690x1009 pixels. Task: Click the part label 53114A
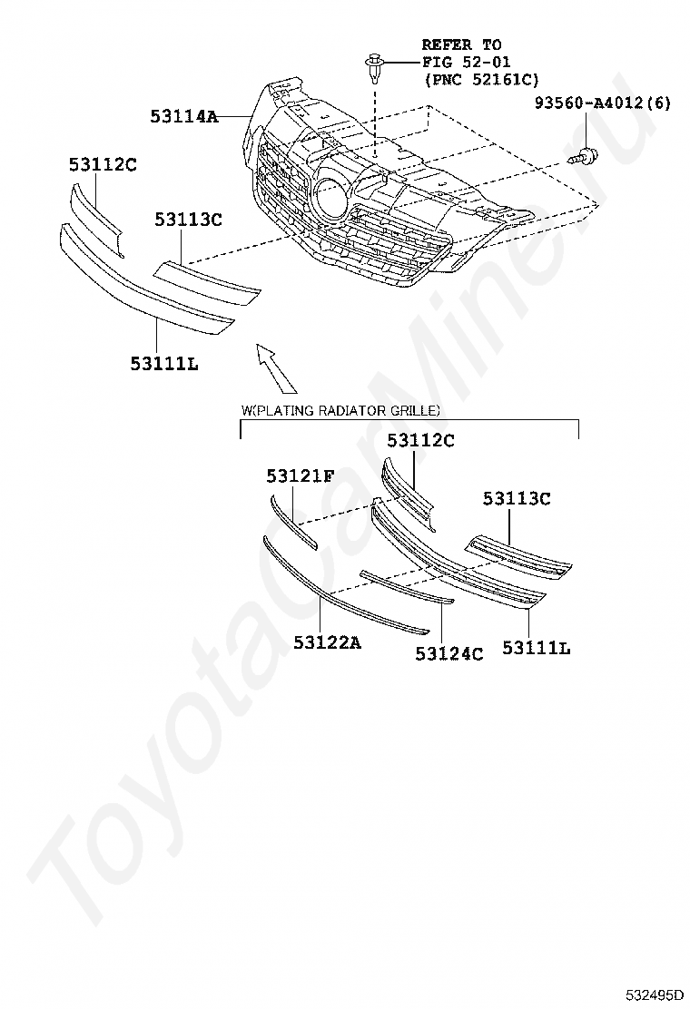[x=185, y=116]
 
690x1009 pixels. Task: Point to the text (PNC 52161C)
[x=481, y=80]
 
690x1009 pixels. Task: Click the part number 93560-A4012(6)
[x=602, y=103]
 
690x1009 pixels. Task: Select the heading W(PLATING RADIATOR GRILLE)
[x=341, y=411]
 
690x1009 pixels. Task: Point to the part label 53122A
[x=327, y=642]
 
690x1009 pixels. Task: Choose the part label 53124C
[x=449, y=652]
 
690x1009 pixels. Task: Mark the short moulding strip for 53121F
[x=292, y=522]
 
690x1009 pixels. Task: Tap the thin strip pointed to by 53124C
[x=405, y=586]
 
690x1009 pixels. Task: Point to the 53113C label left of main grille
[x=188, y=220]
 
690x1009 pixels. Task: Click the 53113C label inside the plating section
[x=517, y=498]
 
